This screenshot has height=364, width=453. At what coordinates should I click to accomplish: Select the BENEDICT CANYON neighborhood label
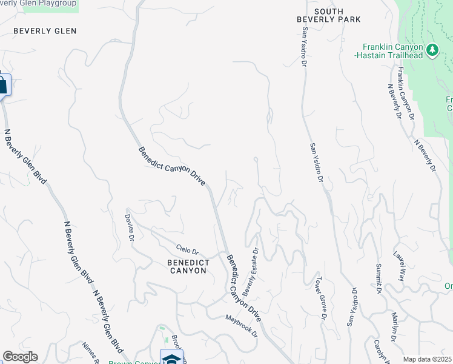click(187, 266)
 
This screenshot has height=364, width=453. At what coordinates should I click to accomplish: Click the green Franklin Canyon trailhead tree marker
click(432, 50)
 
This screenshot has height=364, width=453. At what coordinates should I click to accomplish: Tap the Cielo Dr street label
click(187, 249)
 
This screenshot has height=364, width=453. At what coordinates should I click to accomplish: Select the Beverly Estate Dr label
click(251, 268)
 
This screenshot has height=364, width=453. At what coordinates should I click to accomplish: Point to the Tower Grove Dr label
click(320, 298)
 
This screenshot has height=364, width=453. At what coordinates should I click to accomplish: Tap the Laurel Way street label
click(399, 265)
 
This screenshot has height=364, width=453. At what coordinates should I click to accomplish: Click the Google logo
click(20, 357)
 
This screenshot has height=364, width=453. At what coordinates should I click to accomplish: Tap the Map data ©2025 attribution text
click(427, 359)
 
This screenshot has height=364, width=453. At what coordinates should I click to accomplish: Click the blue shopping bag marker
click(2, 84)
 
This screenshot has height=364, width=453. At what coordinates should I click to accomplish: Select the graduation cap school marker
click(171, 358)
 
